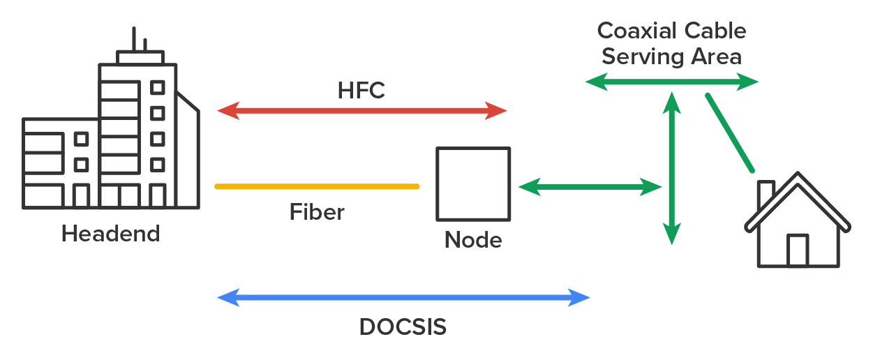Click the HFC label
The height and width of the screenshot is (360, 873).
361,91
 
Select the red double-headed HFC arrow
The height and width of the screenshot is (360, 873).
362,110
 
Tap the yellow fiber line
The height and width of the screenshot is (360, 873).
318,186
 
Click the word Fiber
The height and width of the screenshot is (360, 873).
317,211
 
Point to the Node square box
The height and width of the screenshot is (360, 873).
473,183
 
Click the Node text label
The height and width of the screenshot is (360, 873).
473,241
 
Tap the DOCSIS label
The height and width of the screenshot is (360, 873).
403,327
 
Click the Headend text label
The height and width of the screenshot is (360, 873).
110,233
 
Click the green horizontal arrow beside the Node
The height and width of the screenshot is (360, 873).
590,186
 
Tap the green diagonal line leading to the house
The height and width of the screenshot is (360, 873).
730,133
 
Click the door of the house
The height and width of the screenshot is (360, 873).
798,250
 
